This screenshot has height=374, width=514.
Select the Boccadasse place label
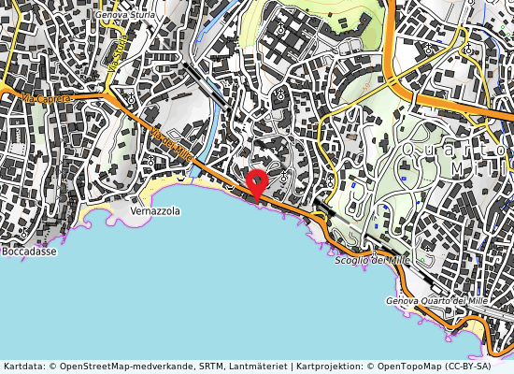tap(28, 252)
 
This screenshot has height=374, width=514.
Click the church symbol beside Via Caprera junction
tap(131, 97)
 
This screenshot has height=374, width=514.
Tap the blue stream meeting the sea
tap(194, 171)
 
